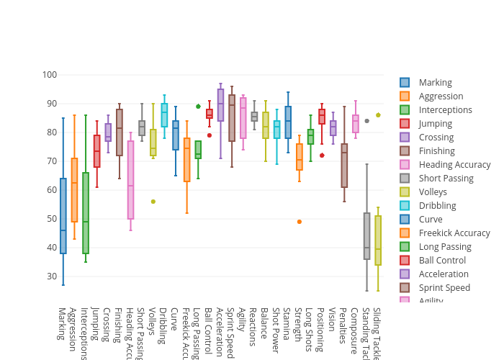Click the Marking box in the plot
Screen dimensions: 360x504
(x=63, y=216)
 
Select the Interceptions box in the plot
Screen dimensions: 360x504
(x=86, y=213)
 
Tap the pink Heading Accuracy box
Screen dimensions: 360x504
(x=130, y=180)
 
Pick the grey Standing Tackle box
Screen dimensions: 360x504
(x=366, y=236)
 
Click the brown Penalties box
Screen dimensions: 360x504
(x=344, y=166)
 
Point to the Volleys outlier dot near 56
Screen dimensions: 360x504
(x=153, y=202)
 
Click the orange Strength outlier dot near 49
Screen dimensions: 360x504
(x=300, y=222)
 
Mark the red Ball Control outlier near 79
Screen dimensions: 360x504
(x=210, y=135)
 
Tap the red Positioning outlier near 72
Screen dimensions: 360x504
(x=322, y=156)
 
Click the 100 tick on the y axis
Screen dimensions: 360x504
(x=50, y=75)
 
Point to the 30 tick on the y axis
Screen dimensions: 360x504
(x=51, y=276)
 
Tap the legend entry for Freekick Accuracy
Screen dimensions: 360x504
(x=454, y=233)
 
